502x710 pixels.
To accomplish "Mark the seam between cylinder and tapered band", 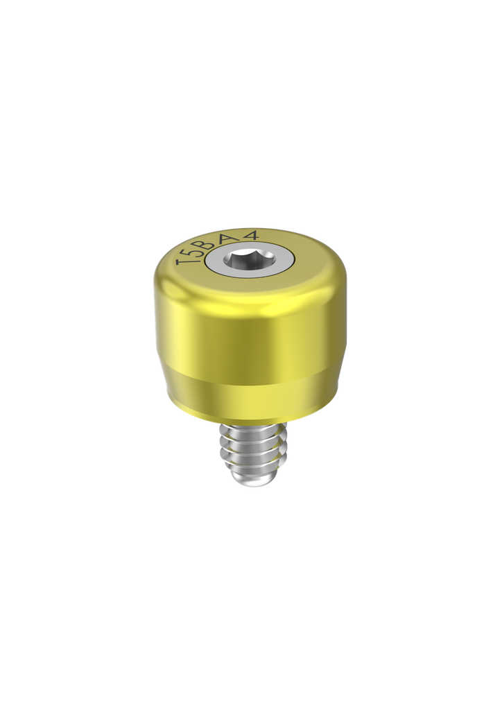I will [250, 381].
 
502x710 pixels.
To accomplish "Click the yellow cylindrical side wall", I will [250, 333].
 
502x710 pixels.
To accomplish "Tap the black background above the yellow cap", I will [250, 139].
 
